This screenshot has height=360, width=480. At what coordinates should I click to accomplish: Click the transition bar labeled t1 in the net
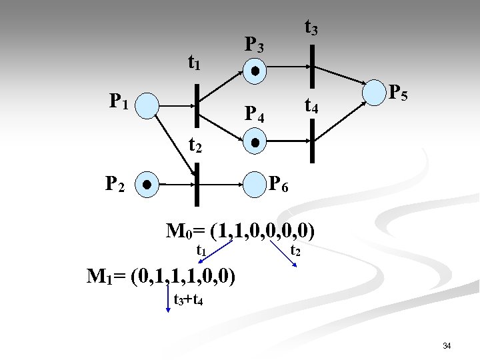pos(197,105)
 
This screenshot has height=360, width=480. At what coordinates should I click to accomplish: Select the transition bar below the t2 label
pos(197,183)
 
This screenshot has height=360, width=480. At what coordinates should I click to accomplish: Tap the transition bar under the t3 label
pos(312,67)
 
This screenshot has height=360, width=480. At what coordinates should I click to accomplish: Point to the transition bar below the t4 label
pos(312,141)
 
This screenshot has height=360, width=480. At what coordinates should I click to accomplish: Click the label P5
pos(399,92)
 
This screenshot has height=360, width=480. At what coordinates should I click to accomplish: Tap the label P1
pos(120,103)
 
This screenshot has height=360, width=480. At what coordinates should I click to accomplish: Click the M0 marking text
pos(240,232)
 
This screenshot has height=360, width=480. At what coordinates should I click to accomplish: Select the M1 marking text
pos(161,275)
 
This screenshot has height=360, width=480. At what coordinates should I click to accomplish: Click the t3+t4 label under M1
pos(188,299)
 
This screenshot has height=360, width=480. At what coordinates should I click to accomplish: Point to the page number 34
pos(447,345)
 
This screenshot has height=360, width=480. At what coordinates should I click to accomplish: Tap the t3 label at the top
pos(311,27)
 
